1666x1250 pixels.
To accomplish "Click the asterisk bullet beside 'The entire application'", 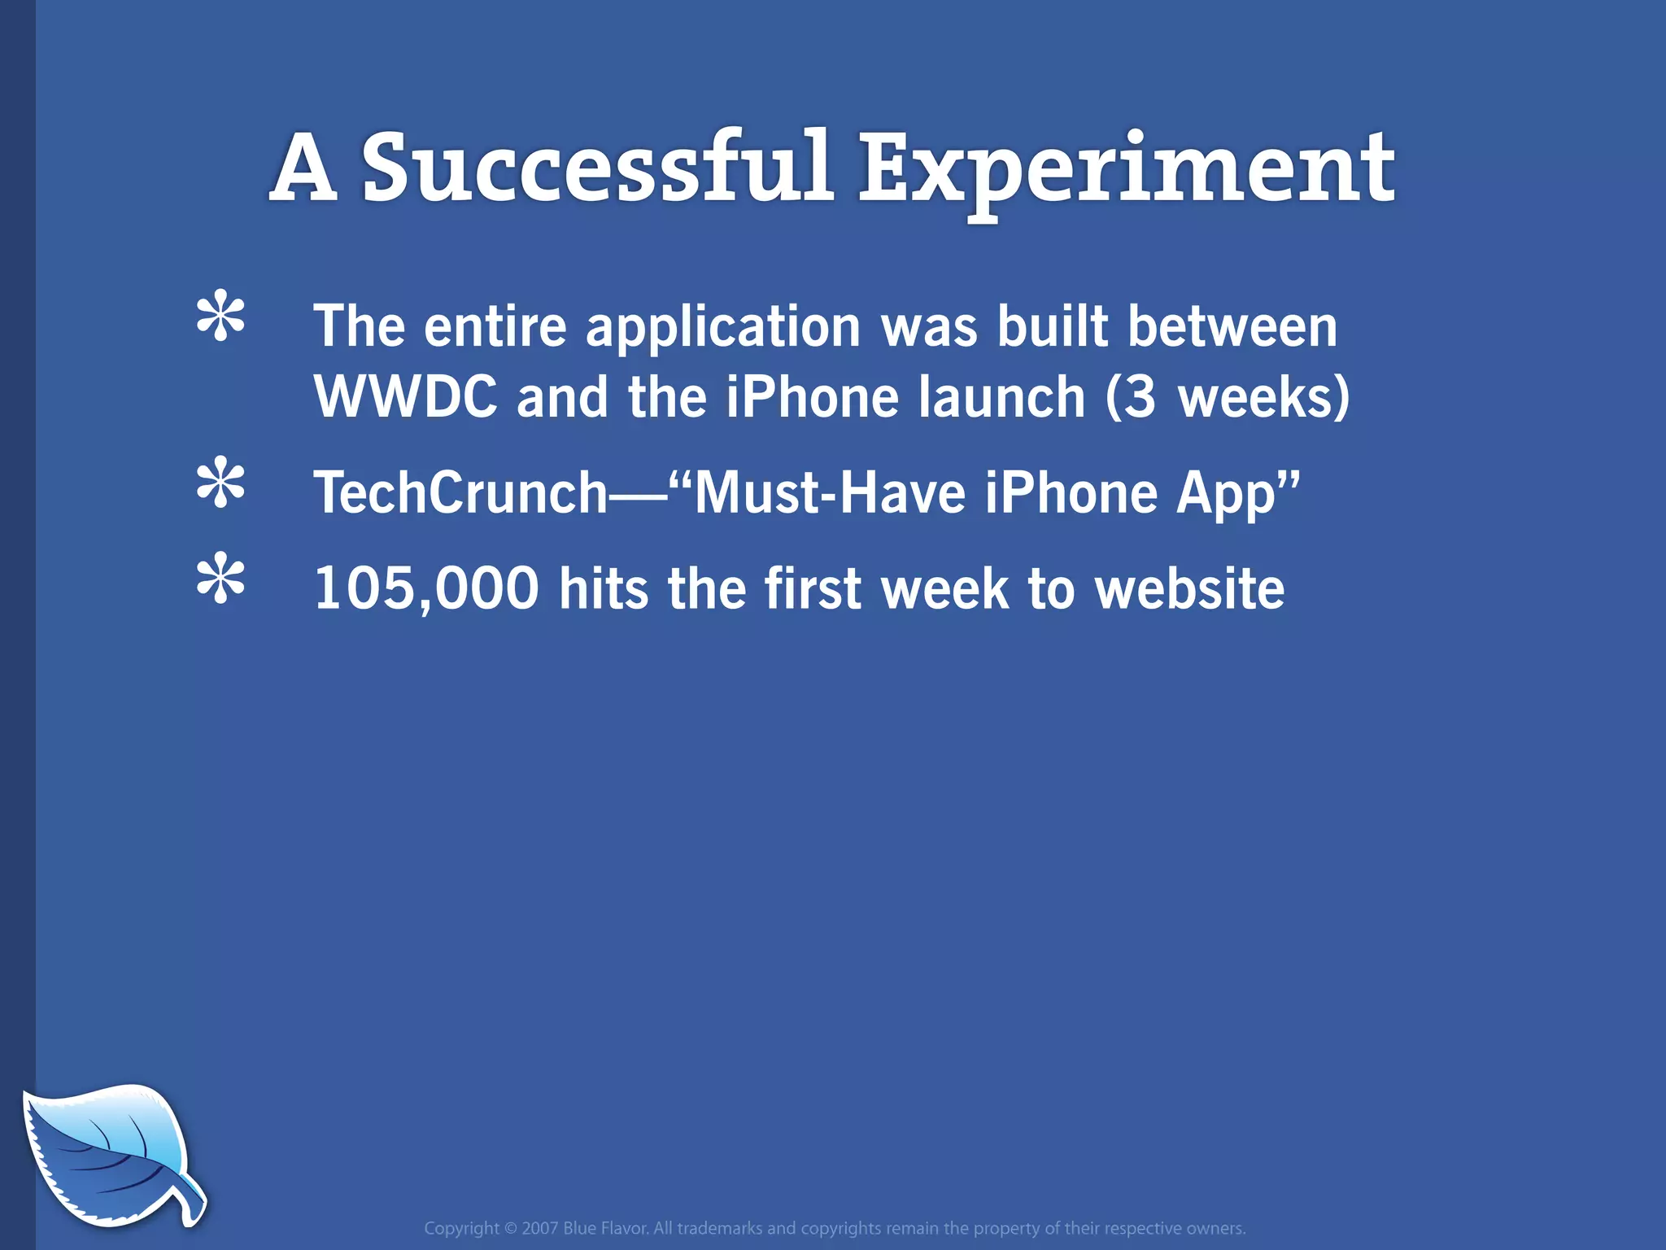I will [x=220, y=317].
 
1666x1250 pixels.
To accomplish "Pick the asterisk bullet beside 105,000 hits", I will [x=220, y=579].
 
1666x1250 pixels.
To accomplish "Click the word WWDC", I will [x=405, y=397].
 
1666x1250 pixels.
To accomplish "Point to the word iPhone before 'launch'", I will [x=812, y=397].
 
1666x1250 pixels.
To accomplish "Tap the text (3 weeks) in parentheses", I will [x=1228, y=397].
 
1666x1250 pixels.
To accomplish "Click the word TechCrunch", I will [x=460, y=493].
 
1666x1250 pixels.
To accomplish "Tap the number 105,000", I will [x=426, y=588].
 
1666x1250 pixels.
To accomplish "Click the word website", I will [x=1189, y=588].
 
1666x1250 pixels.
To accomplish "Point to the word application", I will [x=723, y=327].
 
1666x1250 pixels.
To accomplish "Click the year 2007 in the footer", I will [x=539, y=1228].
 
